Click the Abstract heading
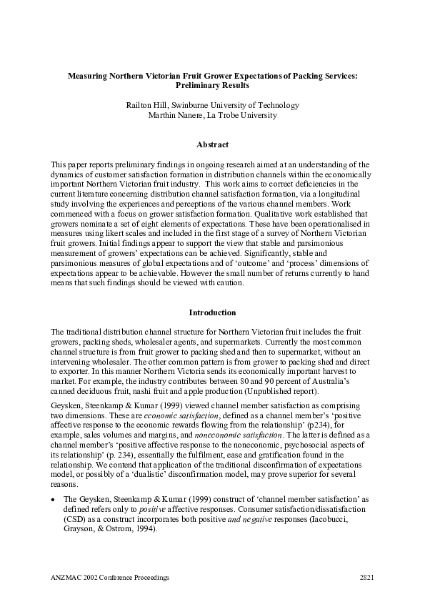point(212,145)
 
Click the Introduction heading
point(212,312)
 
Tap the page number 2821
point(366,576)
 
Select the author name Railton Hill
point(145,105)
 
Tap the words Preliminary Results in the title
point(212,84)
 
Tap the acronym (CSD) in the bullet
point(74,518)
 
